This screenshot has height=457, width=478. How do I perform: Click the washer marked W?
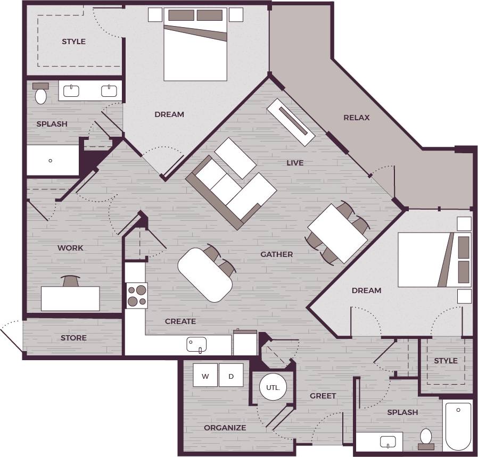pyautogui.click(x=205, y=376)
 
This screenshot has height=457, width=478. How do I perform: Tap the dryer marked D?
pyautogui.click(x=231, y=376)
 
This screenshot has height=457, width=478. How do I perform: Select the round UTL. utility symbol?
pyautogui.click(x=274, y=387)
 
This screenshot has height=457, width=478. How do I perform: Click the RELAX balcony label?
pyautogui.click(x=356, y=118)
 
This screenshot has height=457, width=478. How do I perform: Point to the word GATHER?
pyautogui.click(x=276, y=254)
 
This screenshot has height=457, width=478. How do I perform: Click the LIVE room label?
pyautogui.click(x=295, y=163)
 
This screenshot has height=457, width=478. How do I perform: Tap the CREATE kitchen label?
pyautogui.click(x=180, y=321)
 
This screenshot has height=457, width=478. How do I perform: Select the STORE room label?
pyautogui.click(x=73, y=338)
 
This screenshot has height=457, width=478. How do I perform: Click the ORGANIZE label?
pyautogui.click(x=225, y=428)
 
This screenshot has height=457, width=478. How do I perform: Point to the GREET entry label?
pyautogui.click(x=323, y=396)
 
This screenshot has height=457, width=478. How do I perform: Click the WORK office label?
pyautogui.click(x=70, y=248)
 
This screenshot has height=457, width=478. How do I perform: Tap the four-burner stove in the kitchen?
pyautogui.click(x=137, y=296)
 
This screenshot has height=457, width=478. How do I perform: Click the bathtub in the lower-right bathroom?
pyautogui.click(x=458, y=426)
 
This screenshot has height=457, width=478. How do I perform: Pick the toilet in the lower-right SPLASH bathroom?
pyautogui.click(x=426, y=437)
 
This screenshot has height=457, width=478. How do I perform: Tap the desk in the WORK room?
pyautogui.click(x=70, y=298)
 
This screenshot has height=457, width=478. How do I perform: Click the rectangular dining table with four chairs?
pyautogui.click(x=337, y=233)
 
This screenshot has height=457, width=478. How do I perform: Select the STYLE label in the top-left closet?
pyautogui.click(x=73, y=41)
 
